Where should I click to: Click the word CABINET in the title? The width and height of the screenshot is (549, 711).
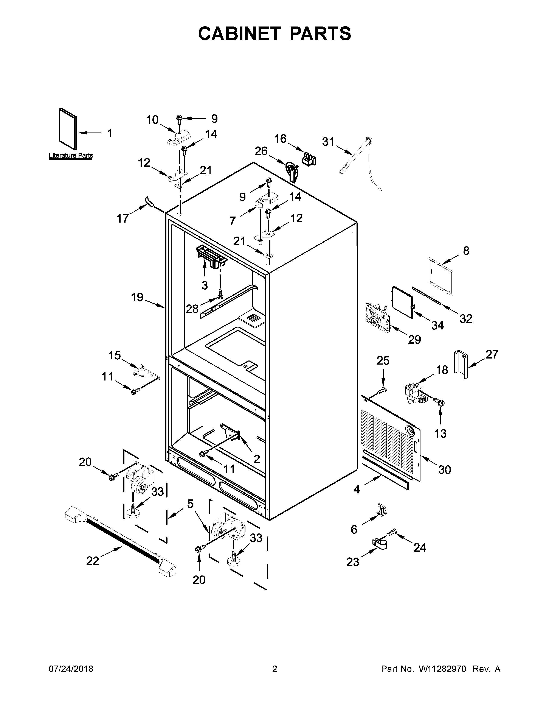point(239,34)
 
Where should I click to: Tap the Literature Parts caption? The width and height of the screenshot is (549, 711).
point(71,155)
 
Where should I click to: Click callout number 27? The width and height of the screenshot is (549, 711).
point(492,354)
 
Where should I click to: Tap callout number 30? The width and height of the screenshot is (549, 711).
point(444,469)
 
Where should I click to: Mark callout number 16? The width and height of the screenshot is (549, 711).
point(280,139)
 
